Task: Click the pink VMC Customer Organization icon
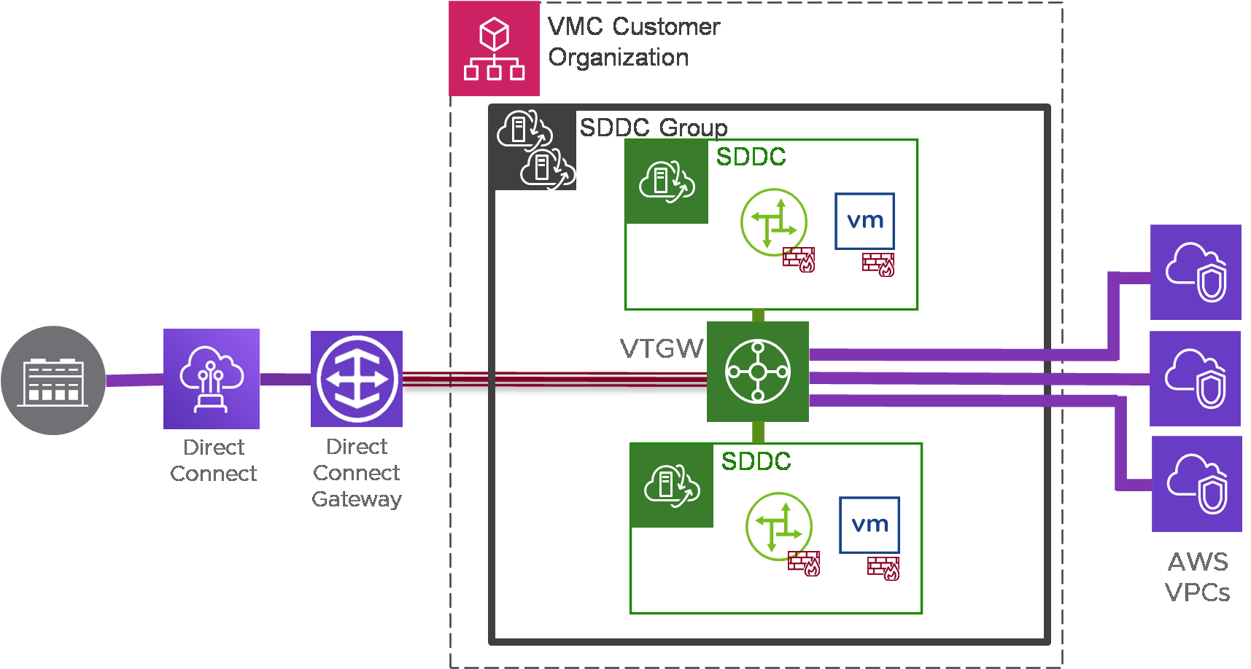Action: point(494,49)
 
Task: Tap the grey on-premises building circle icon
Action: point(53,380)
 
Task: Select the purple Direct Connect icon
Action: point(212,379)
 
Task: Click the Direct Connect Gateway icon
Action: point(357,379)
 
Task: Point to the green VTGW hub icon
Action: point(758,372)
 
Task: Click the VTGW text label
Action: point(662,349)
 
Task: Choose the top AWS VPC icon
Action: point(1196,272)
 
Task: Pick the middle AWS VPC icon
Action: point(1195,378)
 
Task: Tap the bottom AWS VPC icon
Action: point(1196,484)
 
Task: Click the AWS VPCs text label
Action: point(1198,577)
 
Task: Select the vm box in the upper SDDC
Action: point(864,221)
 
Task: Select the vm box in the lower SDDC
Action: point(869,525)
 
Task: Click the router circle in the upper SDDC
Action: point(774,222)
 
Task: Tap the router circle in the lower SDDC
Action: point(779,526)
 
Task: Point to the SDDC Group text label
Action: point(654,128)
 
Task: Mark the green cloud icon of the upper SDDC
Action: point(667,181)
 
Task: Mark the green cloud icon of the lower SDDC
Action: point(672,485)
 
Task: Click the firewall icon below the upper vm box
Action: point(878,265)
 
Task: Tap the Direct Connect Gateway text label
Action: point(357,473)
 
